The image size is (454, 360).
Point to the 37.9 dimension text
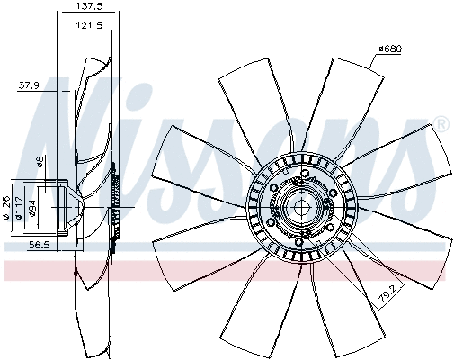(30, 86)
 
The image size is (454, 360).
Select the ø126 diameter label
(7, 208)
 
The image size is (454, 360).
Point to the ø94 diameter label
(31, 209)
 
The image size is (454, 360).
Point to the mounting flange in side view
(61, 208)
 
